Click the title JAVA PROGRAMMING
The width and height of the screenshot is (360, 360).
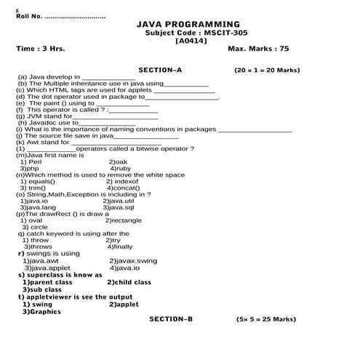point(188,25)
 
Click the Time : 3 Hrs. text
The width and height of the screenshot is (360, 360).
point(40,49)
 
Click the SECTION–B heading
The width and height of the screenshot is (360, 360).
point(171,319)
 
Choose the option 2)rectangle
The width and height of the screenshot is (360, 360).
point(124,220)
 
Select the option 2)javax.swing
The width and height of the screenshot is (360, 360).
point(132,260)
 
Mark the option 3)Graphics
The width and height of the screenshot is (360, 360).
point(41,311)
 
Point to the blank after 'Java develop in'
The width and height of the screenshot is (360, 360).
point(108,76)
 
